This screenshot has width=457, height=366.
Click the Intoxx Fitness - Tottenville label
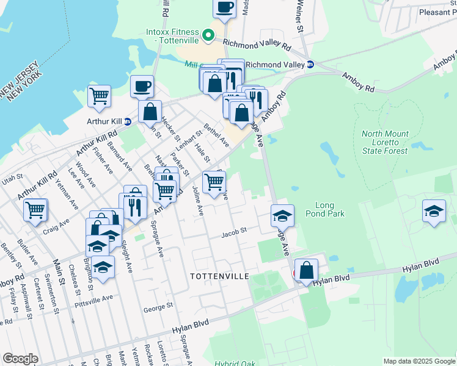click(173, 36)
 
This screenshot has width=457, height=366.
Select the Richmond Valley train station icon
click(310, 65)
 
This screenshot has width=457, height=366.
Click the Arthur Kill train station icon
click(127, 121)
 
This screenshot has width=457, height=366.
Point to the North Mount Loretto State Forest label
click(386, 142)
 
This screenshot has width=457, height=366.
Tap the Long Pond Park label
click(329, 209)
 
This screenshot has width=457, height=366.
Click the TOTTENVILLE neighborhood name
click(219, 276)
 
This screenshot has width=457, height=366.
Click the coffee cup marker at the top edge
click(225, 7)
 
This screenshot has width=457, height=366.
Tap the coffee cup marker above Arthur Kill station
click(142, 86)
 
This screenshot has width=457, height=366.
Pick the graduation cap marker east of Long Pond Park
click(434, 212)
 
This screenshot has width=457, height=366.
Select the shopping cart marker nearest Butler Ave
click(35, 209)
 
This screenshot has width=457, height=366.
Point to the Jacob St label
click(233, 232)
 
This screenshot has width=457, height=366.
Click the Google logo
click(20, 359)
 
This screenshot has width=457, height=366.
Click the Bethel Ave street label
click(216, 135)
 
